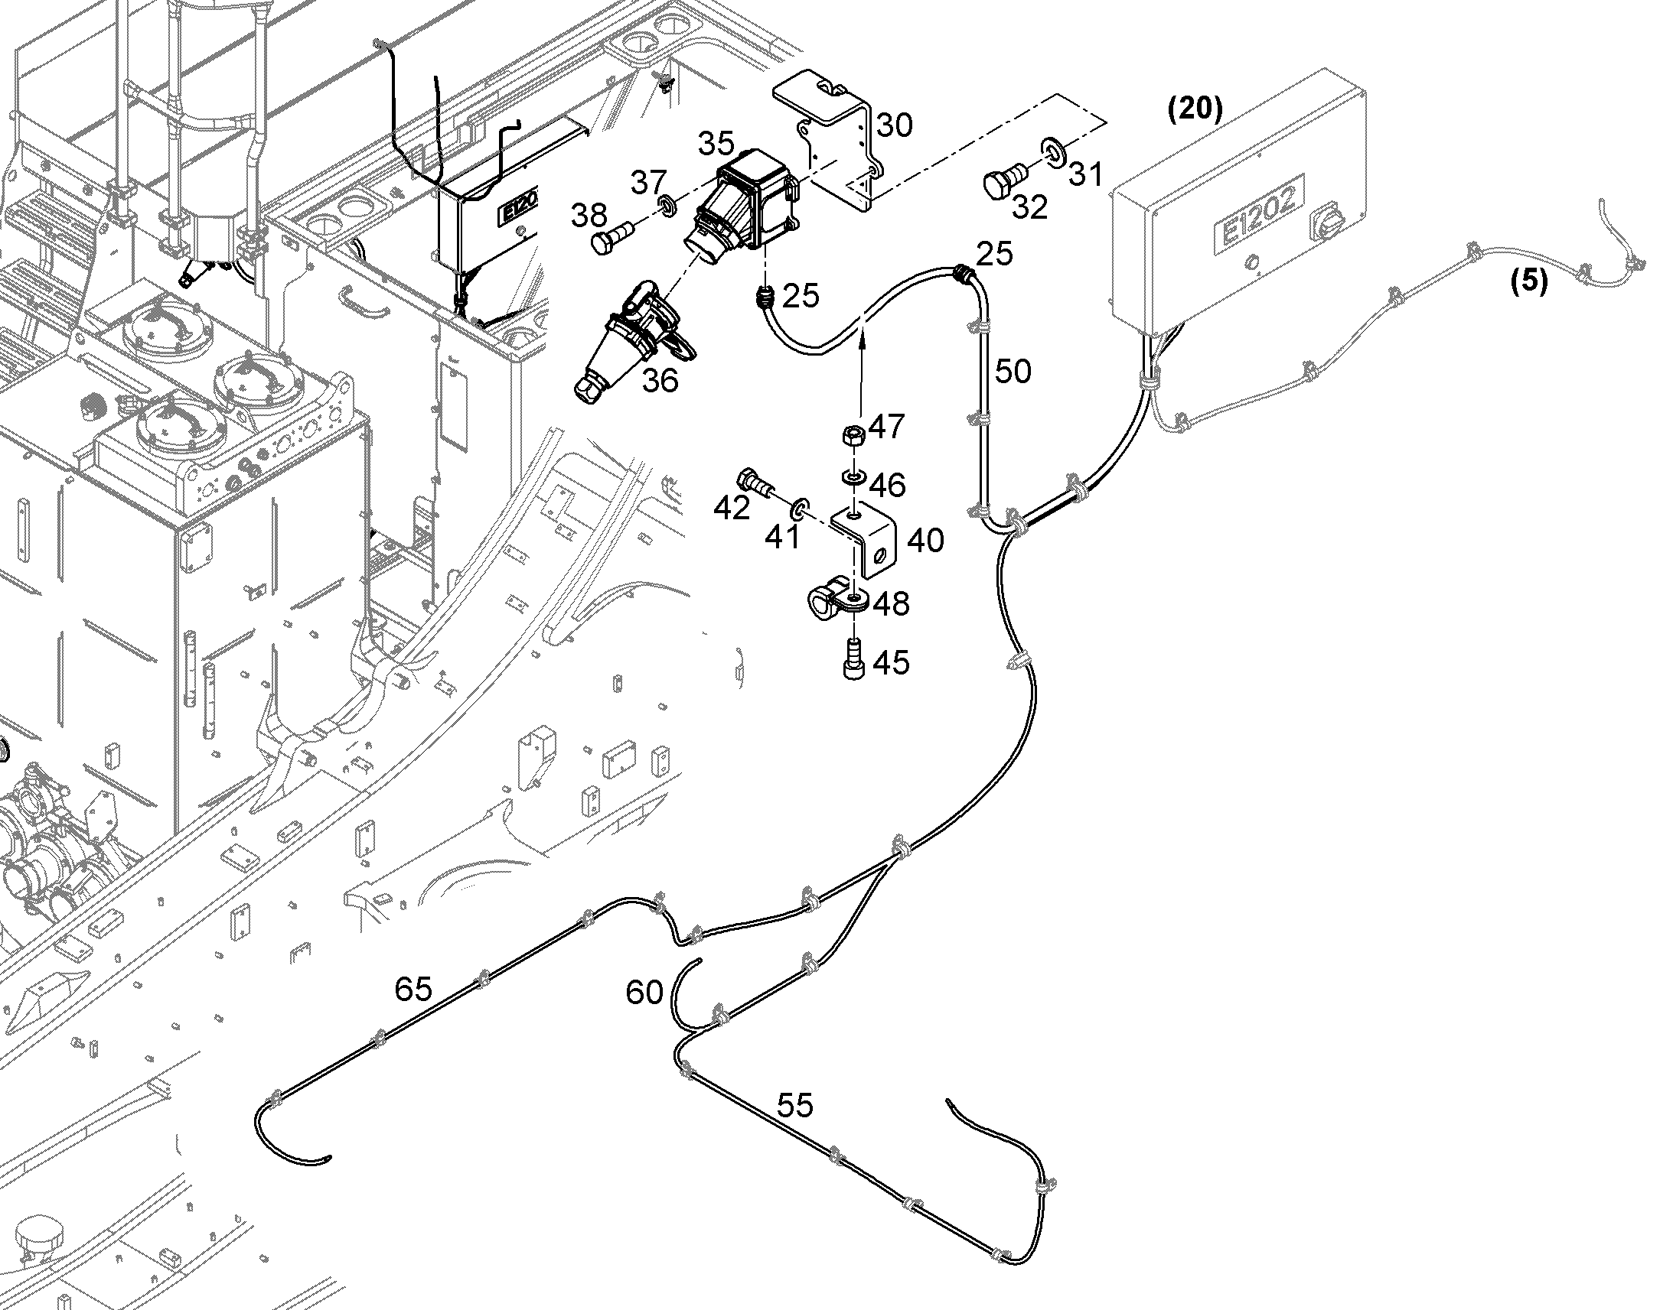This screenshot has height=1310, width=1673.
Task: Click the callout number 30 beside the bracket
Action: click(894, 125)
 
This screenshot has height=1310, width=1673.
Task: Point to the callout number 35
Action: click(716, 143)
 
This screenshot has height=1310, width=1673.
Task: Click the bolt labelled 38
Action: click(611, 236)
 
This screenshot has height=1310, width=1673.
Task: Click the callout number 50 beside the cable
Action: click(1013, 372)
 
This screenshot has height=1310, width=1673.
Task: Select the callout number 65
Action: click(413, 990)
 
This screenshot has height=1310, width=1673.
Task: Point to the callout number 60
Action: click(644, 993)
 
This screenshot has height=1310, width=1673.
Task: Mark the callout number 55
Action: click(794, 1105)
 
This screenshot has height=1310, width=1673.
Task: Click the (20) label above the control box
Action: click(1194, 109)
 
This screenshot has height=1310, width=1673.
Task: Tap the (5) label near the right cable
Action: click(1529, 281)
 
